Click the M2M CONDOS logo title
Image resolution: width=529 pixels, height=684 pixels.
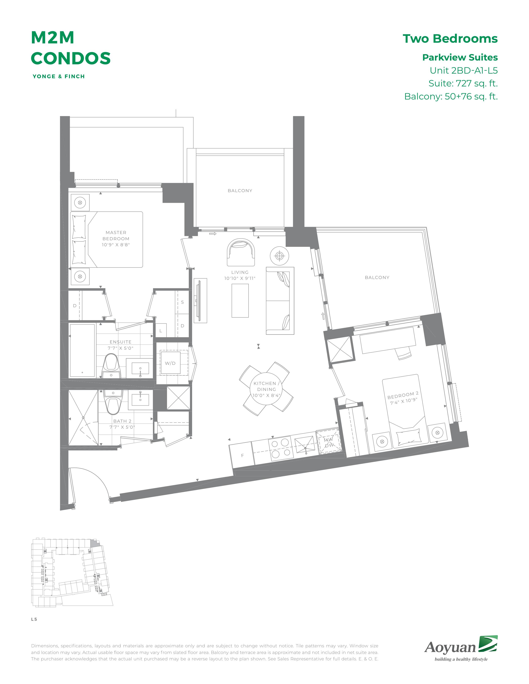[71, 48]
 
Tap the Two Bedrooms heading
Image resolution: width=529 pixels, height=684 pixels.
[450, 39]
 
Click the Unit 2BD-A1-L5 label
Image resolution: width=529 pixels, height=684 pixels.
[463, 70]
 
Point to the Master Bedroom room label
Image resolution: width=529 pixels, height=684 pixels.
[116, 235]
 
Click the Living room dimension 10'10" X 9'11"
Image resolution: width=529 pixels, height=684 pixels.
[240, 278]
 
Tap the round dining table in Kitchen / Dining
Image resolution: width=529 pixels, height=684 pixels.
[266, 389]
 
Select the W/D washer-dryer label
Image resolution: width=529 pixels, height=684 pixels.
[170, 363]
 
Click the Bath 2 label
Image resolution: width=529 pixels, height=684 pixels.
[122, 421]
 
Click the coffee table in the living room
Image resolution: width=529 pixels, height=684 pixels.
[240, 301]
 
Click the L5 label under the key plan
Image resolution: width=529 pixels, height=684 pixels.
[34, 619]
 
